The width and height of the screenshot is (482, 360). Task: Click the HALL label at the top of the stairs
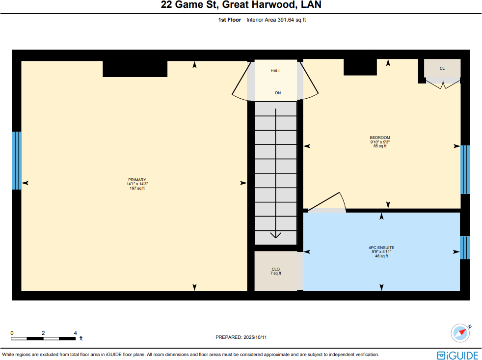click(275, 71)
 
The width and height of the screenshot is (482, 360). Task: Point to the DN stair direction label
click(278, 93)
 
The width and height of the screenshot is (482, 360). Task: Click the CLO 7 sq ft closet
click(275, 271)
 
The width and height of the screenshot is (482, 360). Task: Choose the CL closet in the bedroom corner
click(442, 68)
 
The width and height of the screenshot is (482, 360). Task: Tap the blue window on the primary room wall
click(16, 160)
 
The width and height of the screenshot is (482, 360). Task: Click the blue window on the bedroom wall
click(465, 169)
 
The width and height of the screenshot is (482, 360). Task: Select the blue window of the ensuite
click(465, 248)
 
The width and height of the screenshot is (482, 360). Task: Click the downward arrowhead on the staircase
click(276, 234)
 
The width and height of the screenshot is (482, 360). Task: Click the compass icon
click(460, 332)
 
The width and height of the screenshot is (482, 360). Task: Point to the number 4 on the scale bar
click(75, 333)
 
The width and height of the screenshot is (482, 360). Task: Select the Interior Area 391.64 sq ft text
click(276, 20)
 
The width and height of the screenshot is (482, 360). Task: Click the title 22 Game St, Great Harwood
click(241, 5)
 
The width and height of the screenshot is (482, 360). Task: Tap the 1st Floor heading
click(229, 20)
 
